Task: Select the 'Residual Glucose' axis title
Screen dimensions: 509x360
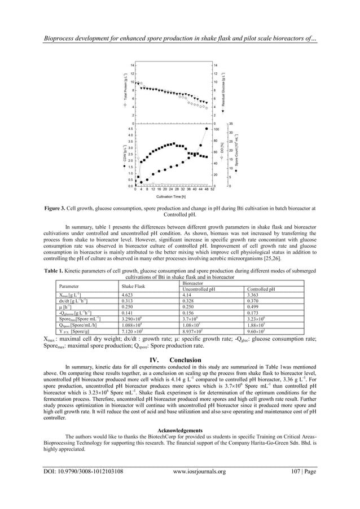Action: coord(225,93)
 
